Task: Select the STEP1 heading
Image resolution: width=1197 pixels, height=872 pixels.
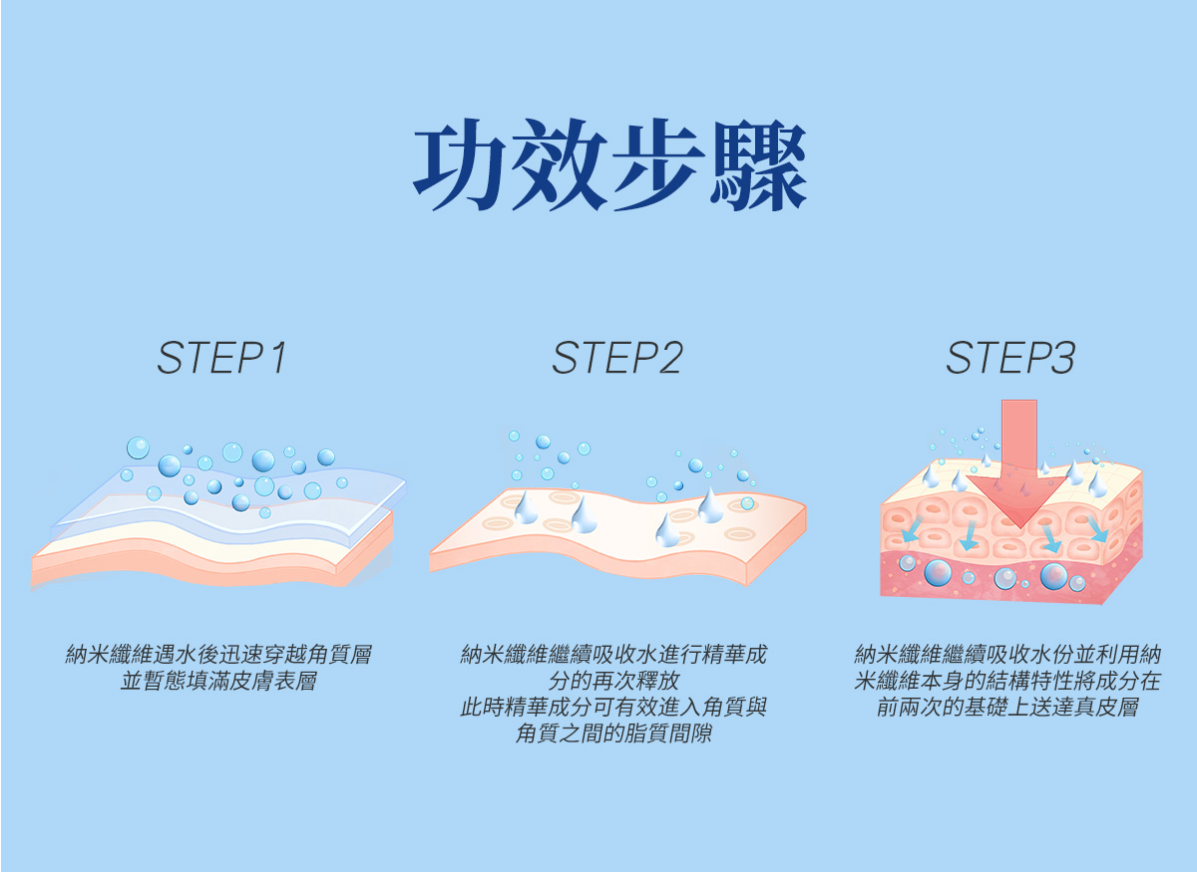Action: point(221,359)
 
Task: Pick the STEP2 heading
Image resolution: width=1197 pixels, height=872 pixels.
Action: point(616,359)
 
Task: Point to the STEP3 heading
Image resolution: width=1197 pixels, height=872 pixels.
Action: point(1010,359)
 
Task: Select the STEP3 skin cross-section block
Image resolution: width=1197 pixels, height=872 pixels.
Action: point(1010,533)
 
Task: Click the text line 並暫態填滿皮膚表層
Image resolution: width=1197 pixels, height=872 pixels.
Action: point(218,683)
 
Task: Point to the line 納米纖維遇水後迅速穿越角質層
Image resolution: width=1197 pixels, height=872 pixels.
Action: point(218,656)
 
